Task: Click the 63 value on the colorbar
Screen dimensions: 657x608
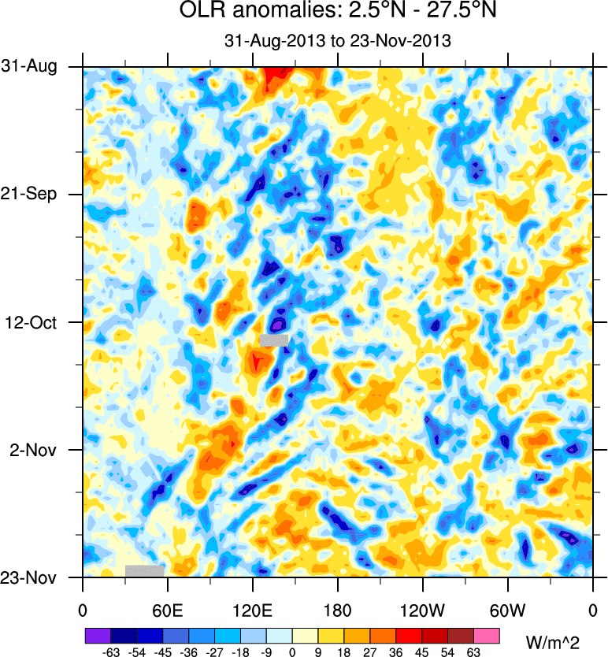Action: coord(474,651)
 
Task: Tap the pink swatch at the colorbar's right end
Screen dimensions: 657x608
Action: coord(488,635)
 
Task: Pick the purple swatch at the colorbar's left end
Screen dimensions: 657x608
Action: coord(98,635)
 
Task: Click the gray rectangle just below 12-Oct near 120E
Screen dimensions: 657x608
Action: coord(274,340)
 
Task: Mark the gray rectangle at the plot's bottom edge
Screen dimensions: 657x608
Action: coord(144,570)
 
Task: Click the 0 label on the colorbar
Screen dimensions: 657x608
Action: coord(292,651)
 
